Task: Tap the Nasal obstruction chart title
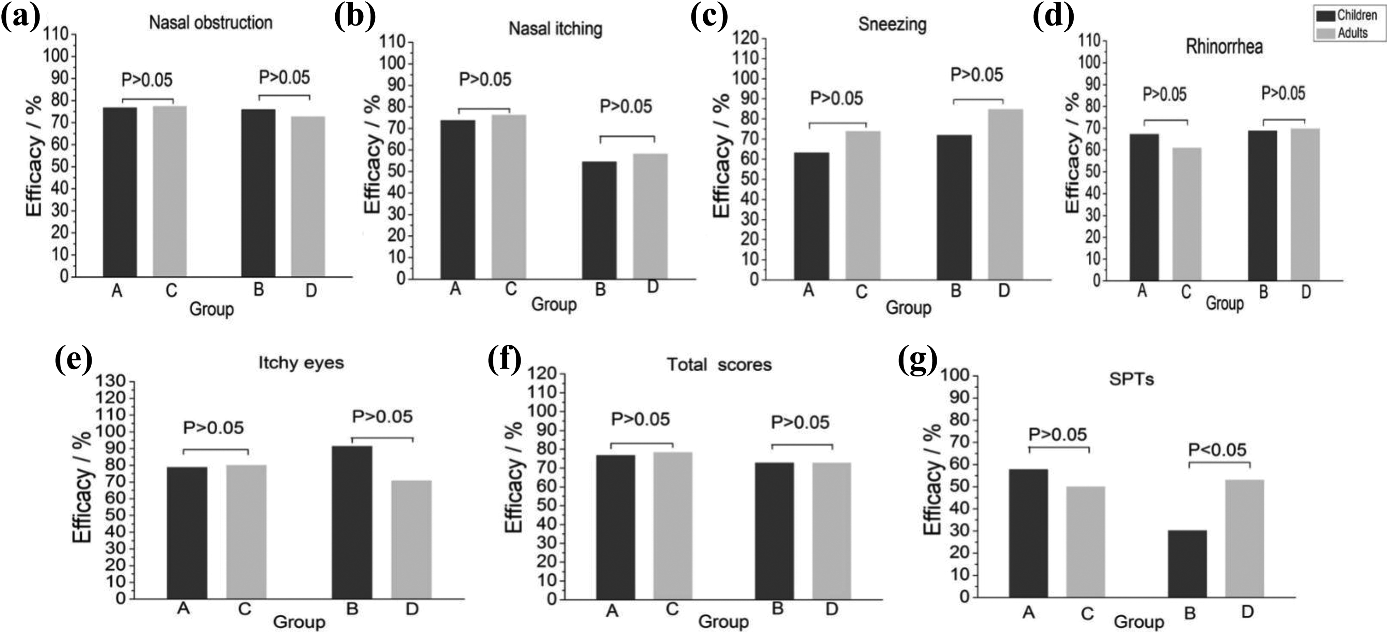point(211,23)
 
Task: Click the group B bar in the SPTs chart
point(1187,564)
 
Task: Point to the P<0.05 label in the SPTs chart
point(1217,449)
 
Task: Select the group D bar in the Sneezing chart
point(1005,194)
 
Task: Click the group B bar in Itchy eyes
point(352,522)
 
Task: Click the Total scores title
point(719,365)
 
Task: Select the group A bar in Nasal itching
point(458,200)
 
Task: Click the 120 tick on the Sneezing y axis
point(746,38)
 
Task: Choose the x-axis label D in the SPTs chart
point(1247,612)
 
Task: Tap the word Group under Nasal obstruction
point(212,309)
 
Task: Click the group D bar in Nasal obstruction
point(308,197)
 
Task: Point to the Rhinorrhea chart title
point(1224,47)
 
